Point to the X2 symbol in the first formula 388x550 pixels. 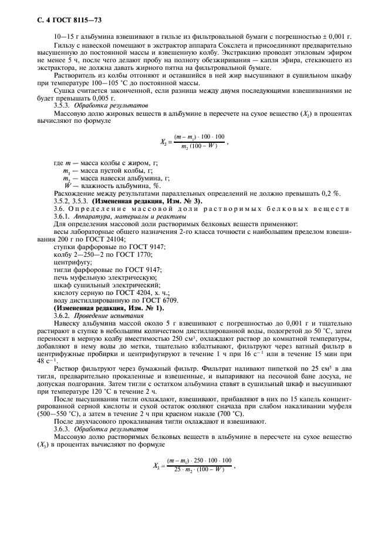(163, 142)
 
